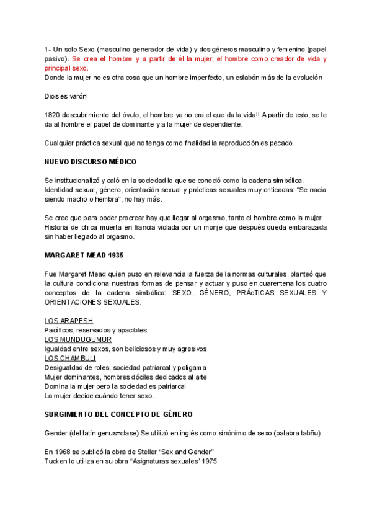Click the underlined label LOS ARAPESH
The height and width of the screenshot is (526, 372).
tap(69, 321)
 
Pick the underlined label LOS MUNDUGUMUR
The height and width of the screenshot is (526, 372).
tap(78, 339)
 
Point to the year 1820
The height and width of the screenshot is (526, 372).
tap(53, 115)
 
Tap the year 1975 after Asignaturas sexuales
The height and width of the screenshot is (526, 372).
tap(208, 460)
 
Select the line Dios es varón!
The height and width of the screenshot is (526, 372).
tap(66, 96)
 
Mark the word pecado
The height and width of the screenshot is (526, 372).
tap(279, 143)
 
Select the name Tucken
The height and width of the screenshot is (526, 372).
tap(56, 460)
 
